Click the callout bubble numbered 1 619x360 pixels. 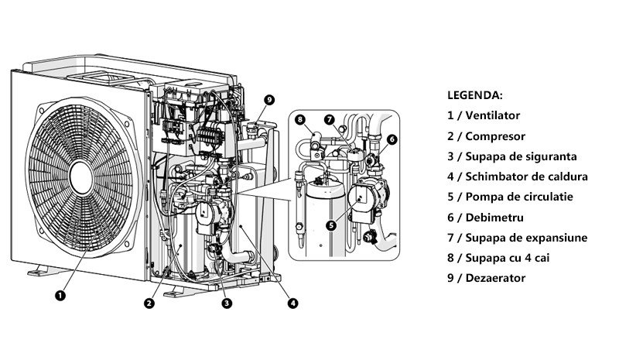[60, 294]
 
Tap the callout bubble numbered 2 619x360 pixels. [149, 303]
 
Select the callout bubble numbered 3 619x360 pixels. [226, 303]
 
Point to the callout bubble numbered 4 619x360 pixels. [292, 303]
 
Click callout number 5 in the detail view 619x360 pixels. [331, 225]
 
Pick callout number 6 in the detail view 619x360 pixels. [392, 139]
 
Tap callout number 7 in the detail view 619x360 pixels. [329, 120]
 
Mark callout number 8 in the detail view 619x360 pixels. [299, 120]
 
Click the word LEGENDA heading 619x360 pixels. [475, 95]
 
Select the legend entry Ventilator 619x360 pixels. [484, 115]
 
